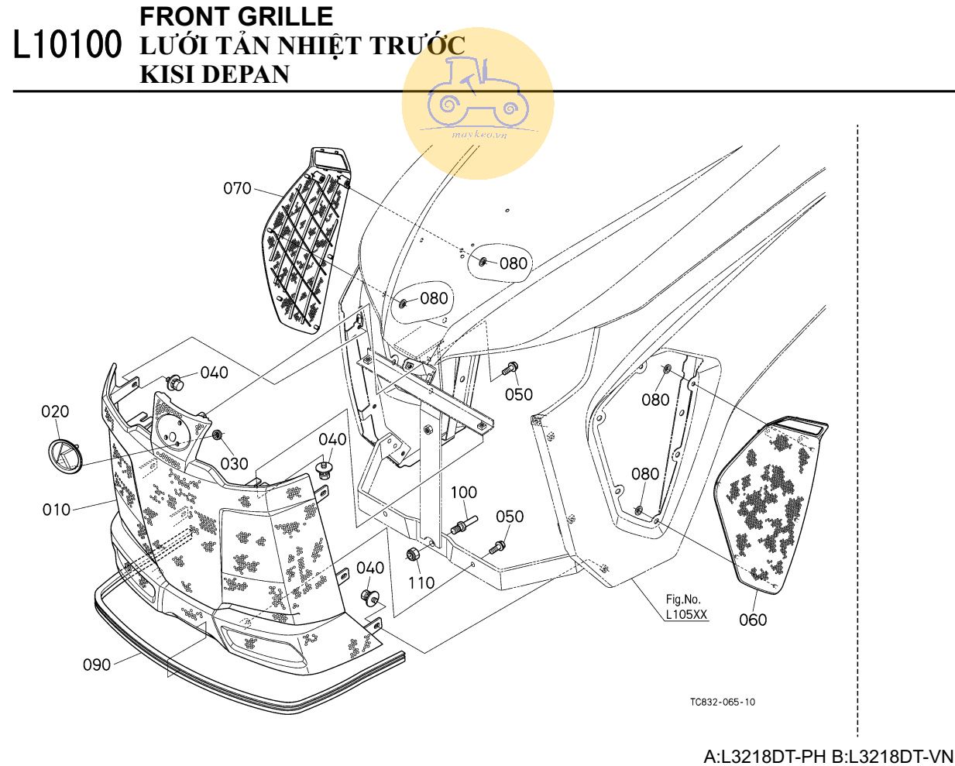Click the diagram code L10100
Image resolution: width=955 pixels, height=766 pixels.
point(68,46)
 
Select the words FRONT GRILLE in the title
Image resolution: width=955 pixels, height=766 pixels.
point(236,16)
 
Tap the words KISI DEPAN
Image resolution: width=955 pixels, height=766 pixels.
point(215,74)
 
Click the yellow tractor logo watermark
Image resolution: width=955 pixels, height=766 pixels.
point(477,104)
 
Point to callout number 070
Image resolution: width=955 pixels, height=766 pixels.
point(238,188)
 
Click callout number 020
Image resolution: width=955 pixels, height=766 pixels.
point(55,411)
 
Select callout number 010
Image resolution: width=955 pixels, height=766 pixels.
point(56,510)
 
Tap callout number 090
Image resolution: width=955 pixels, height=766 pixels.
point(97,665)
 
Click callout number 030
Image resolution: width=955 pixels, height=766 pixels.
point(234,463)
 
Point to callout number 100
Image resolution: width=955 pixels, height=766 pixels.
point(464,493)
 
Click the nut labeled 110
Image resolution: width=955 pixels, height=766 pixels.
point(414,555)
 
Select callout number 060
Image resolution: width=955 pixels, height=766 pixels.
point(753,620)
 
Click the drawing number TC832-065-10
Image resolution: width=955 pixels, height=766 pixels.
point(722,702)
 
